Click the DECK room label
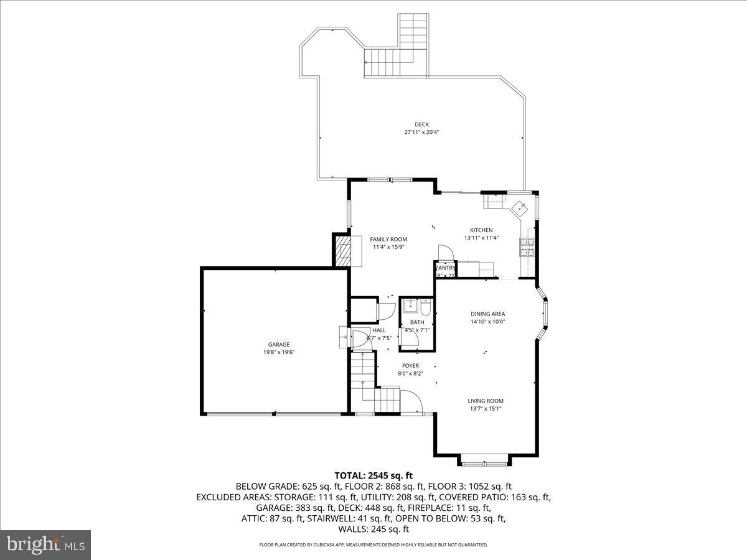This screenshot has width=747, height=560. pos(421,124)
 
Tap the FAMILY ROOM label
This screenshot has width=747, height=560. pos(388,239)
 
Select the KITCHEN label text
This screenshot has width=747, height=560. pos(481,230)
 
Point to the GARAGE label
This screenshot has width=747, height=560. pos(279,344)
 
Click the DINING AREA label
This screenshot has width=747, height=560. pos(487,314)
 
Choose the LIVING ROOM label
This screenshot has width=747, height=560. pos(486,401)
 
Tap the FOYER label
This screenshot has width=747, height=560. pos(410,366)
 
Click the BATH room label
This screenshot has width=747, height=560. pos(417,322)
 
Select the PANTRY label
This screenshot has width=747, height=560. pos(446,268)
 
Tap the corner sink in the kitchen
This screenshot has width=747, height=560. pos(519,208)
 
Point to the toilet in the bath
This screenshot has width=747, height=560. pos(425,307)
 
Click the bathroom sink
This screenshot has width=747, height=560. pos(410,306)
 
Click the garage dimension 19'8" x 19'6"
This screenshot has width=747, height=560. pos(279,352)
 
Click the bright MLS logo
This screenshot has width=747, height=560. pos(46,545)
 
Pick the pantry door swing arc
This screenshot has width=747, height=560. pos(446,252)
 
